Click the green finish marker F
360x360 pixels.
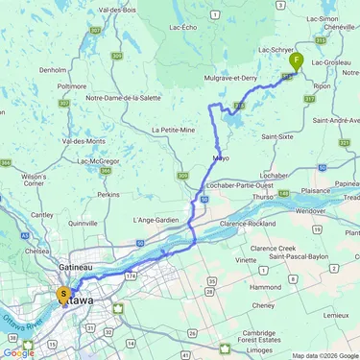tap(296, 60)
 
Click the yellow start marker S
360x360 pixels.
tap(64, 295)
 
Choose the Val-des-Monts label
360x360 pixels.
tap(83, 141)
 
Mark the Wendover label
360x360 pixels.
tap(312, 209)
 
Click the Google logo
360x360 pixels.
tap(18, 353)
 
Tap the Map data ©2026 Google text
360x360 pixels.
tap(324, 355)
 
